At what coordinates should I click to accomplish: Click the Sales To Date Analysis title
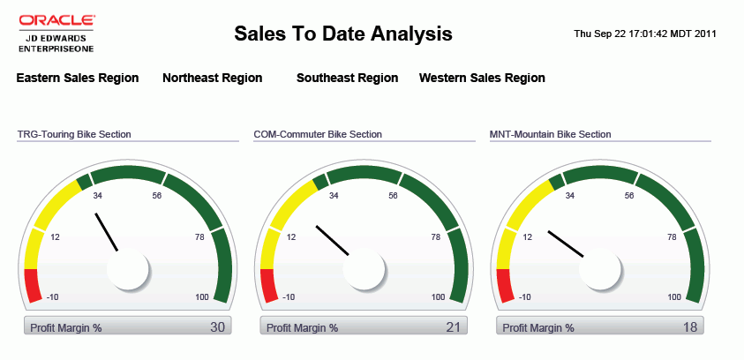pyautogui.click(x=343, y=34)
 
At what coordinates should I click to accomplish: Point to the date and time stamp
pyautogui.click(x=644, y=34)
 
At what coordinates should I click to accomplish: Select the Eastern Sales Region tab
pyautogui.click(x=78, y=78)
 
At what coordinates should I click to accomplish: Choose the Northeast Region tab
pyautogui.click(x=212, y=78)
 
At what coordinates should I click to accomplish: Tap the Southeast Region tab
pyautogui.click(x=347, y=78)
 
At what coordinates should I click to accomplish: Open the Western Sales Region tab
pyautogui.click(x=482, y=78)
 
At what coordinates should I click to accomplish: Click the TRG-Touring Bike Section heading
pyautogui.click(x=74, y=134)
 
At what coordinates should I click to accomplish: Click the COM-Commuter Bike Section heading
pyautogui.click(x=318, y=134)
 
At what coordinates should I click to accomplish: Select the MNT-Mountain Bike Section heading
pyautogui.click(x=551, y=134)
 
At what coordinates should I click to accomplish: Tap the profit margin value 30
pyautogui.click(x=217, y=327)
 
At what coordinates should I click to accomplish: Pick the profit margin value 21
pyautogui.click(x=454, y=327)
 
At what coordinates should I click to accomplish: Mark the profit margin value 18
pyautogui.click(x=690, y=327)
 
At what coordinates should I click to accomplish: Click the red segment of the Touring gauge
pyautogui.click(x=32, y=284)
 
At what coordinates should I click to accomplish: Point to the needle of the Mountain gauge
pyautogui.click(x=566, y=244)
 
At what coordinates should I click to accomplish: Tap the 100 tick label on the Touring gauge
pyautogui.click(x=202, y=297)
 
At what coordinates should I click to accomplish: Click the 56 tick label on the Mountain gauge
pyautogui.click(x=629, y=196)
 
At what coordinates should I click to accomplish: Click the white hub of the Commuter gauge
pyautogui.click(x=364, y=268)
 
